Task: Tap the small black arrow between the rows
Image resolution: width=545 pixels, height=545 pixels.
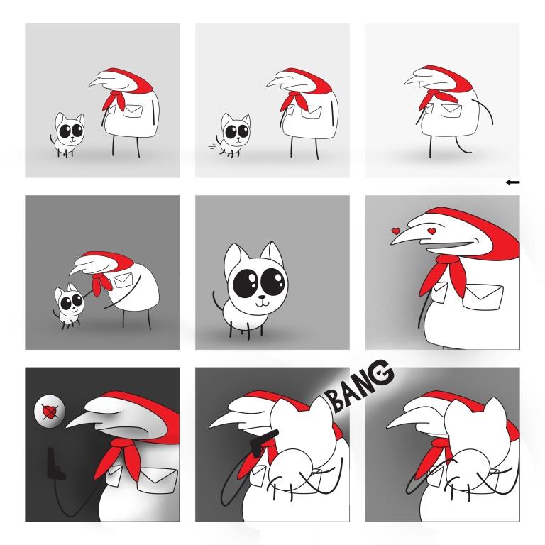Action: [x=512, y=182]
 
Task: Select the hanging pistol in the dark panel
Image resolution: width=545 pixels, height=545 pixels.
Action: [x=55, y=463]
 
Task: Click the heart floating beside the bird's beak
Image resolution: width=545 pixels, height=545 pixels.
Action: [x=395, y=231]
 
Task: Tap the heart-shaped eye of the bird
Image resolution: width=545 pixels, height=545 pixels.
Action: [x=431, y=231]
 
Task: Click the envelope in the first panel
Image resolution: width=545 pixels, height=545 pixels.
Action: [x=133, y=111]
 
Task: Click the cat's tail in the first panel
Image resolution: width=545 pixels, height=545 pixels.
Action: [x=53, y=141]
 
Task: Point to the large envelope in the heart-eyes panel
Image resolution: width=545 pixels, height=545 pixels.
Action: [x=483, y=296]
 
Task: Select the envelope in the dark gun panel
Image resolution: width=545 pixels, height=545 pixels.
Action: [x=157, y=480]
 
